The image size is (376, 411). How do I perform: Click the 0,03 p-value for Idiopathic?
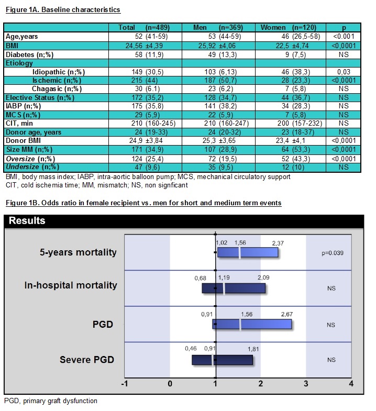coord(344,72)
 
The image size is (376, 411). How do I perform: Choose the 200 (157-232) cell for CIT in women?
coord(289,123)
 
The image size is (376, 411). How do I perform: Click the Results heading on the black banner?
coord(27,220)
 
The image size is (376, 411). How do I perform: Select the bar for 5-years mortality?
coord(247,252)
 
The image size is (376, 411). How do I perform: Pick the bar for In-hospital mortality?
coord(234,288)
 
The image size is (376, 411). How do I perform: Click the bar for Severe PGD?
coord(222,360)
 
